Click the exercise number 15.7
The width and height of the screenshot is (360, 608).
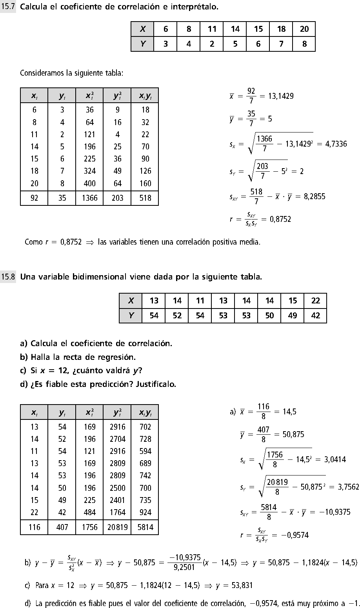[x=8, y=7]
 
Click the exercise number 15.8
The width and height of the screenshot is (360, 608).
[x=8, y=277]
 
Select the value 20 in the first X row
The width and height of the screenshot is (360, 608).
[x=304, y=29]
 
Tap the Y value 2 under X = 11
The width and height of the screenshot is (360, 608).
[x=212, y=44]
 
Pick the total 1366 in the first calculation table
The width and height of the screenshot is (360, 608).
[x=89, y=198]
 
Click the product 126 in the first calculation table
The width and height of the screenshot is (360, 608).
[x=145, y=171]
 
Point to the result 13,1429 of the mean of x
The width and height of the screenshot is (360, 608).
[x=281, y=96]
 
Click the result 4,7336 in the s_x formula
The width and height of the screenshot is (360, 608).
[x=336, y=144]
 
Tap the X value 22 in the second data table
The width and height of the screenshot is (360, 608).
[x=315, y=301]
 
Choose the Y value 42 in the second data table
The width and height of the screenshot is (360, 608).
[x=315, y=316]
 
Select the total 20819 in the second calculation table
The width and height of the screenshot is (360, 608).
[x=117, y=527]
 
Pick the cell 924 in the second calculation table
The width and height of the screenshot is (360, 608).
[x=145, y=512]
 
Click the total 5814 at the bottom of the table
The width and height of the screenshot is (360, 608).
[x=145, y=527]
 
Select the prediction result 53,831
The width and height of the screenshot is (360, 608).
[x=240, y=586]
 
